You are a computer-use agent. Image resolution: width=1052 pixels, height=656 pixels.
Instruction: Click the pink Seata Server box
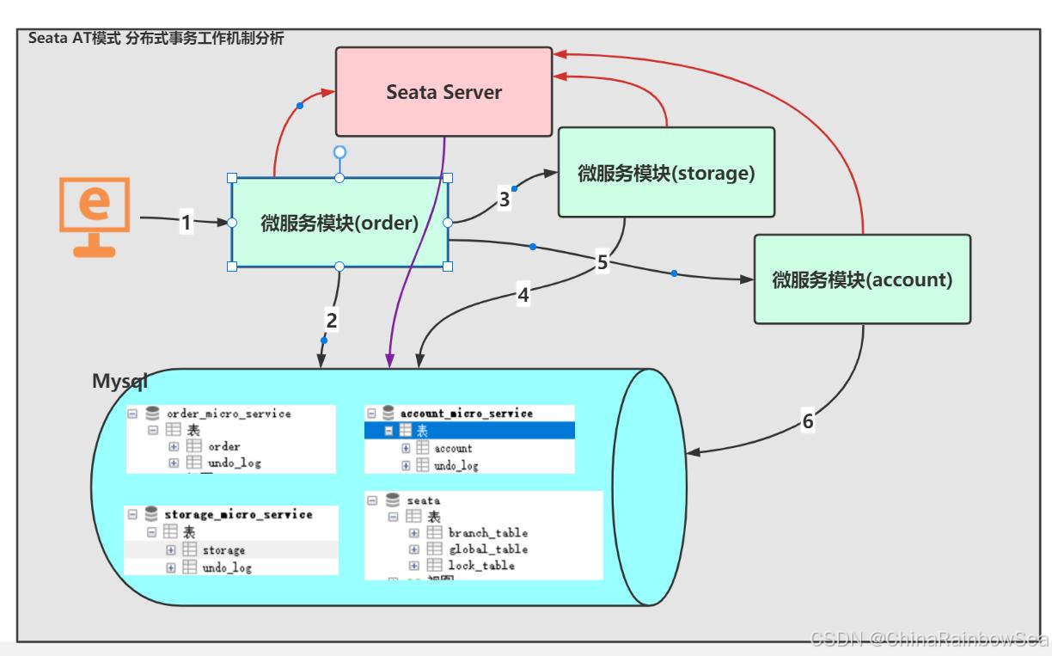[443, 92]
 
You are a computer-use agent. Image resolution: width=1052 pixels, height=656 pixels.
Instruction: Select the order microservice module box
[339, 223]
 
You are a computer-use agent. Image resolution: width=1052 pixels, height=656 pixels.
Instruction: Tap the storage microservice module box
[666, 173]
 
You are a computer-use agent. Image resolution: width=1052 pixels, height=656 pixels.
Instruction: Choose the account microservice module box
[862, 279]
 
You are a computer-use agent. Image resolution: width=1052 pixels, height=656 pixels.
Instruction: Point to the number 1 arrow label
[187, 223]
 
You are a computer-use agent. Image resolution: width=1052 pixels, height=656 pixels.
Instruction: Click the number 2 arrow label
[332, 320]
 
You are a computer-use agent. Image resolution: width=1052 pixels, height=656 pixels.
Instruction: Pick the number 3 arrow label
[505, 199]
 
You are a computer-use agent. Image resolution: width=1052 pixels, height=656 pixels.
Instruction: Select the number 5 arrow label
[602, 262]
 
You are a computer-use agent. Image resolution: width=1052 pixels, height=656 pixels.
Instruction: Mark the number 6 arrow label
[807, 421]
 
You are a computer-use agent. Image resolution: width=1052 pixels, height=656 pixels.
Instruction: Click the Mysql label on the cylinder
[120, 381]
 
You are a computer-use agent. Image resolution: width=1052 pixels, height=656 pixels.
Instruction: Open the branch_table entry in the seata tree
[487, 533]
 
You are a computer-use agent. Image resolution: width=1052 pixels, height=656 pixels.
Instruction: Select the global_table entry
[487, 549]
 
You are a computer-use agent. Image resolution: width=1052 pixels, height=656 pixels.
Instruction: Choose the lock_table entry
[481, 566]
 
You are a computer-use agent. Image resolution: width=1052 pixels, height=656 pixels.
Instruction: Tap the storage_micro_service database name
[238, 515]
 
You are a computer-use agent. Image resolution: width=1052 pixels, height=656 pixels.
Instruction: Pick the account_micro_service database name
[466, 414]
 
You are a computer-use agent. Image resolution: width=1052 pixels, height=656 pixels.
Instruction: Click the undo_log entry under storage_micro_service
[227, 567]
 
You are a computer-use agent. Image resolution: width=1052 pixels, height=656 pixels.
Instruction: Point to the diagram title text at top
[156, 38]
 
